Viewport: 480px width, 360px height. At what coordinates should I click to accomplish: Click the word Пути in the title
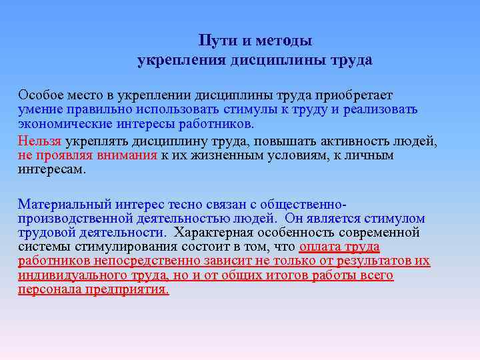215,42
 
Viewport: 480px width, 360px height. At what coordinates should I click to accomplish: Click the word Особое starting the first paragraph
39,96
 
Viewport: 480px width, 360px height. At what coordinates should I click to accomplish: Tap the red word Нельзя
39,141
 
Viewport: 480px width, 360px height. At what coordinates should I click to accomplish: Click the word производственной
69,219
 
